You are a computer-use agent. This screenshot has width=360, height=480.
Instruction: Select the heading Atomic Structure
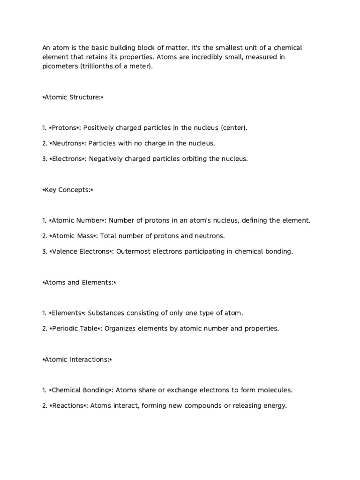pyautogui.click(x=73, y=97)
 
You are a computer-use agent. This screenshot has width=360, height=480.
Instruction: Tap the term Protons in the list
pyautogui.click(x=64, y=128)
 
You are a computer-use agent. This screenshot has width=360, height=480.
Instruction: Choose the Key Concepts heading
pyautogui.click(x=68, y=190)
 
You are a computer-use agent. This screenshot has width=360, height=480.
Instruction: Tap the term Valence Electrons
pyautogui.click(x=80, y=251)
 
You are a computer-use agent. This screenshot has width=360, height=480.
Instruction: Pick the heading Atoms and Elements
pyautogui.click(x=79, y=282)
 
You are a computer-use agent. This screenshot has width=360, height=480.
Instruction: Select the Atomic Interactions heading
pyautogui.click(x=77, y=360)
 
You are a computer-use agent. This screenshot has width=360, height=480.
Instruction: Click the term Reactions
pyautogui.click(x=67, y=405)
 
